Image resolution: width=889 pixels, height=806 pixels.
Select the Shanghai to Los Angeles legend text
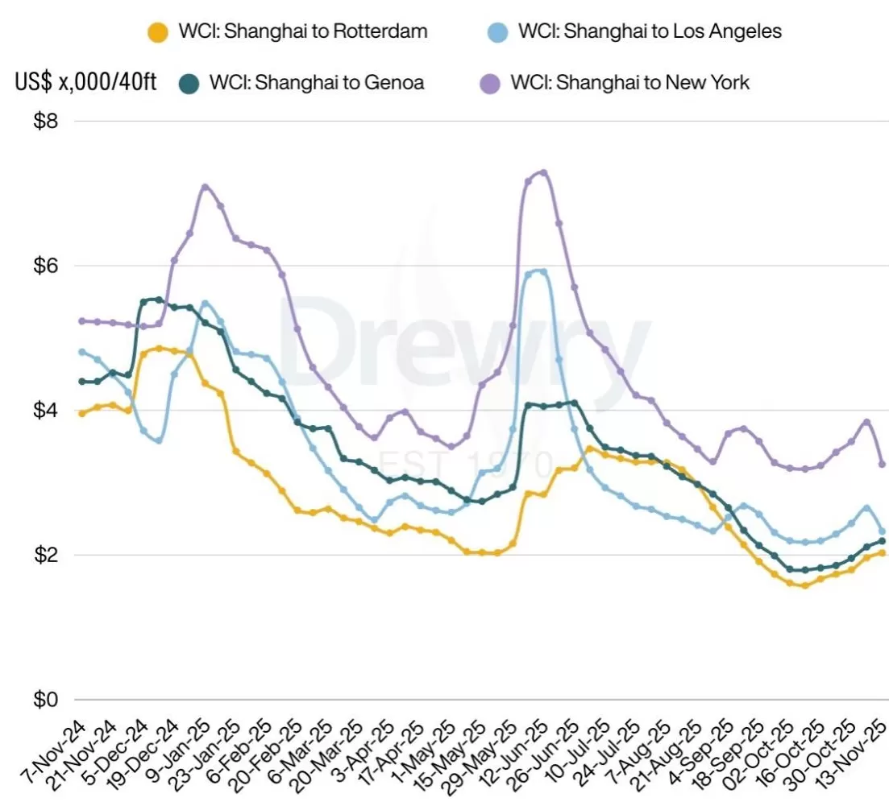(650, 32)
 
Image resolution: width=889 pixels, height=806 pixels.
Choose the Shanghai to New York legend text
(629, 82)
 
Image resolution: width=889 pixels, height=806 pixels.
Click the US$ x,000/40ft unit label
(86, 83)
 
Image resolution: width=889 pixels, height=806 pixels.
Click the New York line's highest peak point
(544, 172)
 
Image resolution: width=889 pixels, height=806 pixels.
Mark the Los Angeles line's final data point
(882, 531)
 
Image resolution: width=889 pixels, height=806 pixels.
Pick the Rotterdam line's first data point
(81, 413)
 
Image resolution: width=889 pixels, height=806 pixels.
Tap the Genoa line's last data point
(882, 541)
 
